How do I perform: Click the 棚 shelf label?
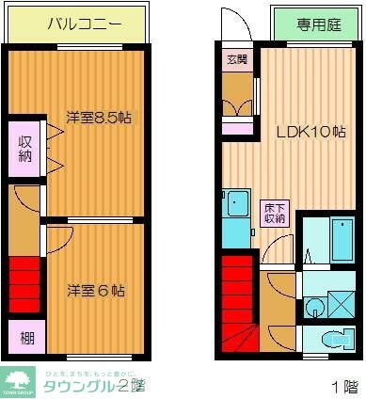click(25, 336)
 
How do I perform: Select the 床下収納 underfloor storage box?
click(274, 212)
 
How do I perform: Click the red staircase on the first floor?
click(239, 301)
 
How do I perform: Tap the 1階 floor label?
click(343, 386)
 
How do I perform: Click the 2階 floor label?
click(132, 385)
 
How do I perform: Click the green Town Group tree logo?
click(18, 380)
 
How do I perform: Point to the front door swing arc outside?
click(231, 24)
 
